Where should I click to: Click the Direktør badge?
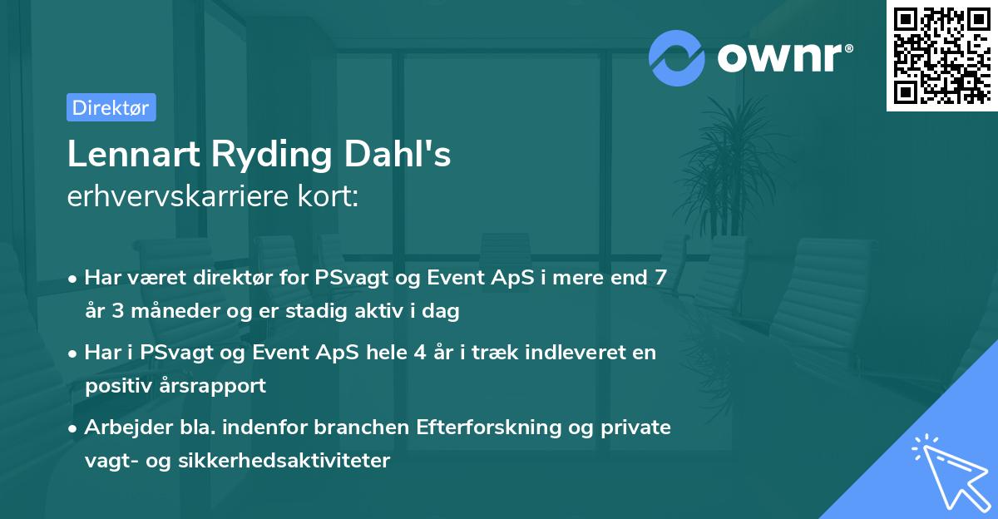(111, 107)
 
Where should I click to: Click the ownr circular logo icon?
(675, 57)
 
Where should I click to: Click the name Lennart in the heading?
(131, 155)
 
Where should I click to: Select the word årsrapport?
(216, 386)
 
